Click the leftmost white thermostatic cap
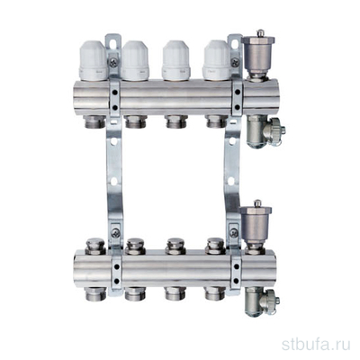[93, 60]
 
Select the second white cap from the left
[136, 61]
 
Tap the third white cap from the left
[176, 61]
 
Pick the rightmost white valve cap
[217, 60]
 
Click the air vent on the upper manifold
[258, 55]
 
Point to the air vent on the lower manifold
[256, 227]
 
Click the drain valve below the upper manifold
[265, 131]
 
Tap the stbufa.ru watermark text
[316, 345]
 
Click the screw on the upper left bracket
[114, 62]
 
